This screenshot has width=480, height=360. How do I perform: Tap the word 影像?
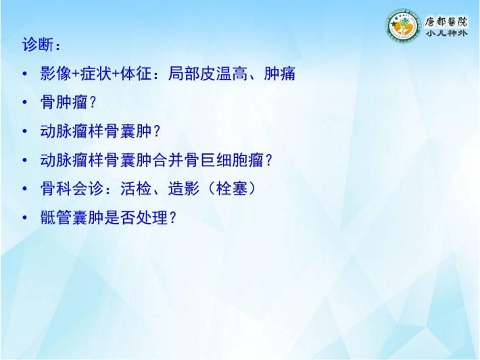(55, 74)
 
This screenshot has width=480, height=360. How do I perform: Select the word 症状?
(96, 74)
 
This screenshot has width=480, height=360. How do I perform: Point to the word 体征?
(136, 74)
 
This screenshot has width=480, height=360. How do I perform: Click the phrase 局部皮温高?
(208, 74)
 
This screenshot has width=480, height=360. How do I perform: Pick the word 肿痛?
(279, 74)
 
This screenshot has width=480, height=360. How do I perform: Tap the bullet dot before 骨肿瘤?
(25, 102)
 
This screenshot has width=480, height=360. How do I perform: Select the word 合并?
(168, 160)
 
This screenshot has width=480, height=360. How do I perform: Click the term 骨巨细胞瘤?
(224, 160)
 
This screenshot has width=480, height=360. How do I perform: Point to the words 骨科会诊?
(72, 188)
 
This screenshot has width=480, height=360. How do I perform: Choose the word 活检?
(136, 188)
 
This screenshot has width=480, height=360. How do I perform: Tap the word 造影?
(184, 188)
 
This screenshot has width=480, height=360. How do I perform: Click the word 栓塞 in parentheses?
(232, 188)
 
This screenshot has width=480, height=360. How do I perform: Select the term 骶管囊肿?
(72, 217)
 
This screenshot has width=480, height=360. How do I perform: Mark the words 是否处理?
(136, 217)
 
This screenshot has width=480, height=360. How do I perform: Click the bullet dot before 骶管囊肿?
(25, 217)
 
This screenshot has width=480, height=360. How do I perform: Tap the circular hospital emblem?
(403, 26)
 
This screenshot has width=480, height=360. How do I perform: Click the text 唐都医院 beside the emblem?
(446, 22)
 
